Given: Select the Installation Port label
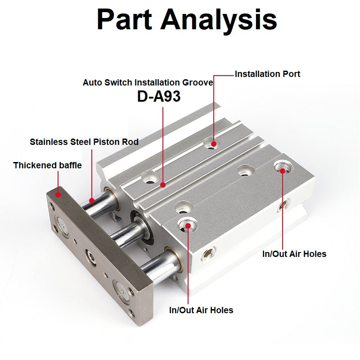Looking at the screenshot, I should (267, 74).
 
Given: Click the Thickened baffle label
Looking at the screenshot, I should (47, 165).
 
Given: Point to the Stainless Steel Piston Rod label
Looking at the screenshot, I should (84, 142).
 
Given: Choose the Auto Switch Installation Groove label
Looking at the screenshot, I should (148, 83).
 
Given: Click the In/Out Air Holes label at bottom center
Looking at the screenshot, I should (201, 310).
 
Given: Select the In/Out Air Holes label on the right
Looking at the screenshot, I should (294, 254).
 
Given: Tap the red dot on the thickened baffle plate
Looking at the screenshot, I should (58, 194).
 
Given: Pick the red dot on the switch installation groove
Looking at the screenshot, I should (162, 184).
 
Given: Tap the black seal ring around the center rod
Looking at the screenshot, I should (138, 223).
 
